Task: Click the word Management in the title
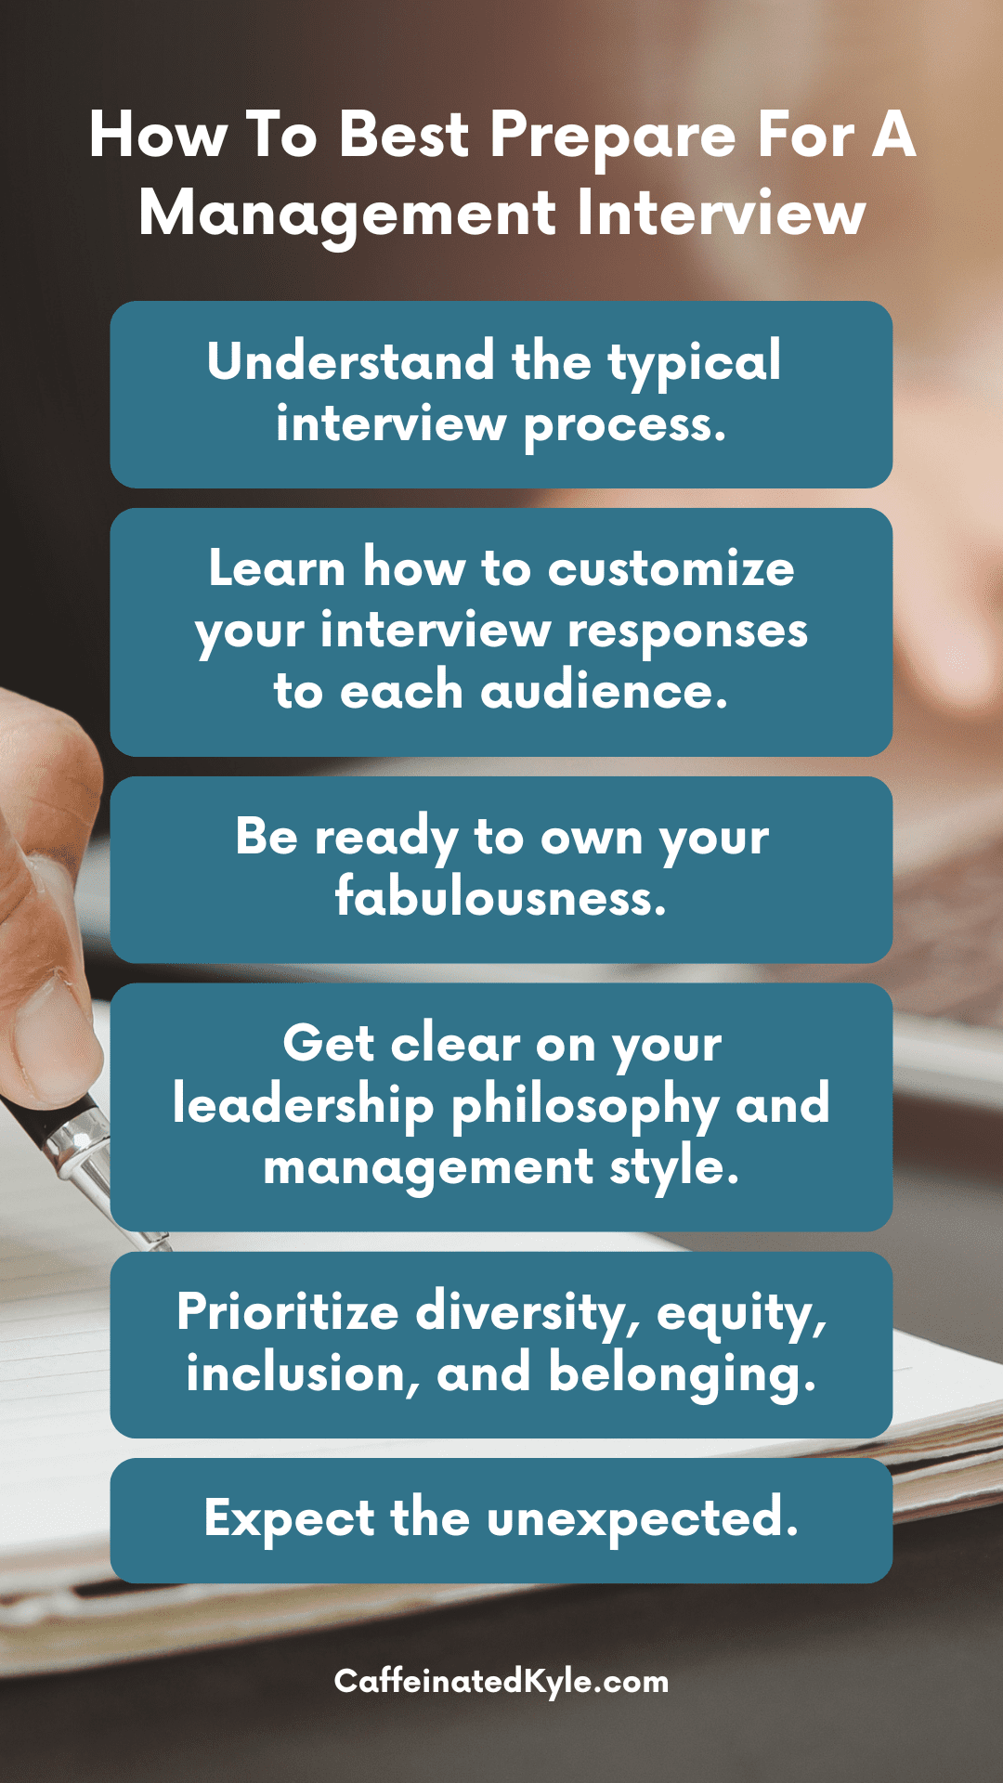tap(347, 215)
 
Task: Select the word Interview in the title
tap(721, 213)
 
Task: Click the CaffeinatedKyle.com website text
tap(501, 1682)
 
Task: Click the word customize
tap(671, 568)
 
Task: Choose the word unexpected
tap(642, 1520)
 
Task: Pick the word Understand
tap(350, 360)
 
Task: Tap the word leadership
tap(304, 1105)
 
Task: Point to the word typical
tap(694, 363)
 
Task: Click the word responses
tap(687, 632)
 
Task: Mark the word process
tap(624, 427)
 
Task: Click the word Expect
tap(290, 1520)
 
